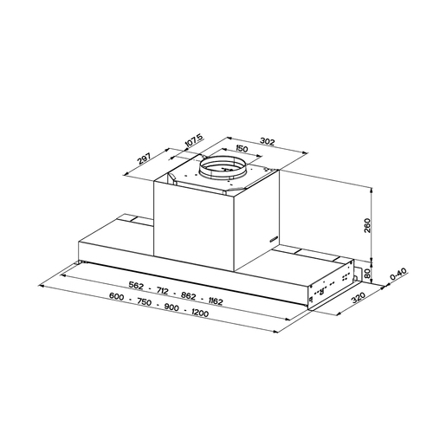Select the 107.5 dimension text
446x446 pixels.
[194, 139]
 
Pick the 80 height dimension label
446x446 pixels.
[369, 273]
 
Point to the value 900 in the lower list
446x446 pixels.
[172, 305]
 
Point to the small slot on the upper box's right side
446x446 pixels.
[274, 236]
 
